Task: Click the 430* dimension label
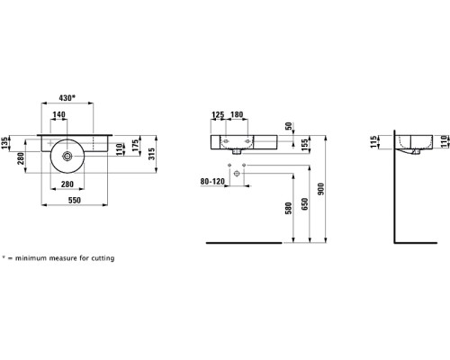67,98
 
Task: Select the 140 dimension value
58,114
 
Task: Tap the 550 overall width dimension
75,200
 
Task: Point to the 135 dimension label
4,143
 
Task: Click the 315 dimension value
152,154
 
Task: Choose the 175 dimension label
135,145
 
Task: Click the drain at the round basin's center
67,156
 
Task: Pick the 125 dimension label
218,114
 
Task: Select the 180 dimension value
237,114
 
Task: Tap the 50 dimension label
288,126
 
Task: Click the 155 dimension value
304,145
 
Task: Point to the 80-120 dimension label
212,182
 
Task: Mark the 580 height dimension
288,208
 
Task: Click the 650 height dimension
305,203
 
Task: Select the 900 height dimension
321,189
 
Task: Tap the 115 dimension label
373,141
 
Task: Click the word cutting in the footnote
103,258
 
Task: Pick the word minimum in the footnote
31,258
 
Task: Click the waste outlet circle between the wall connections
237,173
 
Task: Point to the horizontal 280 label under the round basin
67,184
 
